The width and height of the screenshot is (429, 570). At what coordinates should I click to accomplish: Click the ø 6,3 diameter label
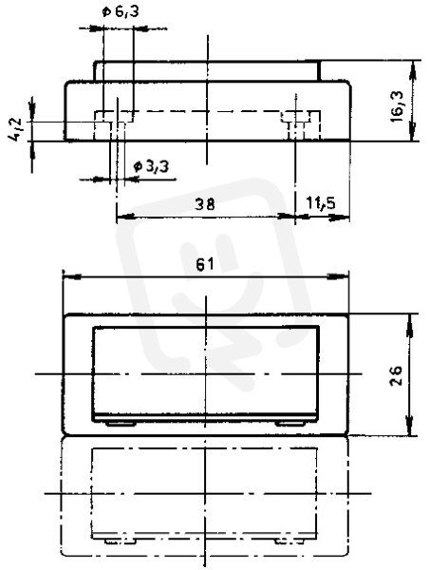point(121,12)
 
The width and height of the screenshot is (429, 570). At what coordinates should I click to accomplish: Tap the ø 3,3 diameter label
point(151,167)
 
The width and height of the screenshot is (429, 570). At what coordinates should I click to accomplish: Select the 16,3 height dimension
point(397,106)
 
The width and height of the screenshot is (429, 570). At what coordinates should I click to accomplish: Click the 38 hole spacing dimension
point(205,204)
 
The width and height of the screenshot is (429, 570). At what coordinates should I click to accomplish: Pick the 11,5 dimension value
point(321,203)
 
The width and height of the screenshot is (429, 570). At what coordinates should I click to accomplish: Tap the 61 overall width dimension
point(205,265)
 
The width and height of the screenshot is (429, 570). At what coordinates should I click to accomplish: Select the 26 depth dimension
point(396,375)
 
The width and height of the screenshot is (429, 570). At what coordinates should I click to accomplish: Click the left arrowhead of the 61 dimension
point(72,277)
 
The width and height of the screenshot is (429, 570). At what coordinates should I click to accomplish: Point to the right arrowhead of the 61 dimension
point(338,277)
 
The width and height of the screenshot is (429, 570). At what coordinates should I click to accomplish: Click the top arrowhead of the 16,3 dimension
point(413,71)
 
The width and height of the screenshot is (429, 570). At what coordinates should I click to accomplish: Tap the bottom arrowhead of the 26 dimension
point(410,426)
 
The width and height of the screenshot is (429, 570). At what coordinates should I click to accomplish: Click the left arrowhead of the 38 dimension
point(125,217)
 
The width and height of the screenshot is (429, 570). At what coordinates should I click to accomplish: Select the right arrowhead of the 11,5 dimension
point(339,218)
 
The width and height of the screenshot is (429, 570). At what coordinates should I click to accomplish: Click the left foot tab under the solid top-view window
point(121,424)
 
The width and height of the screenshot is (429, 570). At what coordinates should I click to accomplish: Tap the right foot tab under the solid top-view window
point(289,424)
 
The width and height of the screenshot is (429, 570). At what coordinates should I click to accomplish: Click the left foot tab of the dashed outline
point(121,541)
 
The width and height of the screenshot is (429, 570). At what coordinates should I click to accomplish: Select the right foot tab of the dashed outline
point(289,541)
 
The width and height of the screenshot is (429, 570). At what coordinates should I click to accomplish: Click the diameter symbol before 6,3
point(106,12)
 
